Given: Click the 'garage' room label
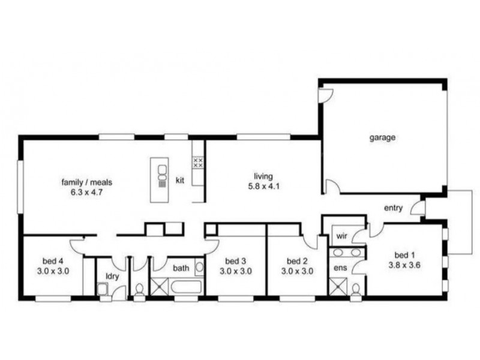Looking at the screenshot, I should tap(382, 137).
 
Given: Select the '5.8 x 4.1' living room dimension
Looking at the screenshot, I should tap(263, 186).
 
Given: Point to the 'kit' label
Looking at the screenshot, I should tap(179, 179).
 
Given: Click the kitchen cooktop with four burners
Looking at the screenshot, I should tap(197, 162).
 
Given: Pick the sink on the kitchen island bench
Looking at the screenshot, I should tap(161, 174).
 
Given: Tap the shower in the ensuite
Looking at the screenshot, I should tap(338, 288).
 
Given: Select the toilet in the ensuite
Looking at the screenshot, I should tap(356, 290).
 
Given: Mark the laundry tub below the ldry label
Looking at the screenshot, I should tap(103, 291).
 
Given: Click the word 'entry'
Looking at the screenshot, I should tap(394, 208).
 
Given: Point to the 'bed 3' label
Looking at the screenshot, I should tap(235, 261).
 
